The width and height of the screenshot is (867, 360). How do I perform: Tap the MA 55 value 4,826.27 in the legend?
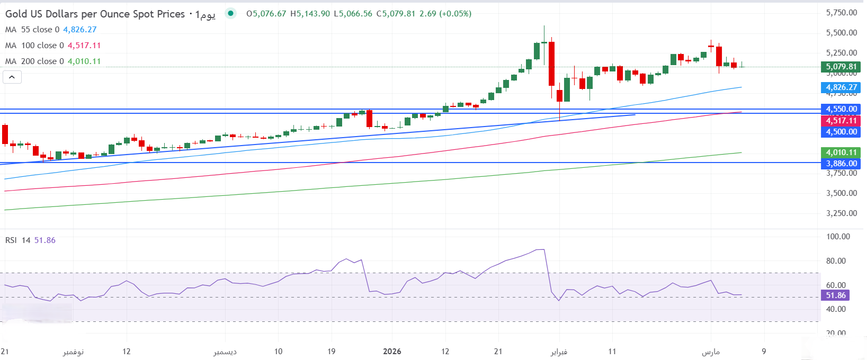click(x=80, y=30)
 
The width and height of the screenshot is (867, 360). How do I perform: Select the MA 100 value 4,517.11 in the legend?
click(x=84, y=46)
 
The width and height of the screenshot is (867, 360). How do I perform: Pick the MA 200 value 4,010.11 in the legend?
click(x=84, y=61)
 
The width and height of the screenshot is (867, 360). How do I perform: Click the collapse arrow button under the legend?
click(x=12, y=77)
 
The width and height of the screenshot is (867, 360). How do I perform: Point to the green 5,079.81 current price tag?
click(x=841, y=67)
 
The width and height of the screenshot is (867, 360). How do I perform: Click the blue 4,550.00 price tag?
click(x=841, y=109)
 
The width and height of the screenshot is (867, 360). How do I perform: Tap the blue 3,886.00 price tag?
click(x=841, y=164)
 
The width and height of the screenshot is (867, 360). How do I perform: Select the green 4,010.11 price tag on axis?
click(x=841, y=152)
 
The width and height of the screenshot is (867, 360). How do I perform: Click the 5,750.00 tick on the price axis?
click(x=842, y=13)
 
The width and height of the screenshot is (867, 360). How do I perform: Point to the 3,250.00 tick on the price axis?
click(x=842, y=213)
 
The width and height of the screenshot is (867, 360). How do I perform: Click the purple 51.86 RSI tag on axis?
click(x=836, y=295)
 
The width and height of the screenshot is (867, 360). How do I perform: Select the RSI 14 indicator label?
click(x=17, y=240)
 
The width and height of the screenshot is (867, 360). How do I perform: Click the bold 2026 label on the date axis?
click(x=392, y=352)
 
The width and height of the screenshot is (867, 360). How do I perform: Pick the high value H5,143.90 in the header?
click(x=310, y=14)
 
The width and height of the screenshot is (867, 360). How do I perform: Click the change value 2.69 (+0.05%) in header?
click(x=445, y=14)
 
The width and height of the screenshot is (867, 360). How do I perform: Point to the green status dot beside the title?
click(x=230, y=13)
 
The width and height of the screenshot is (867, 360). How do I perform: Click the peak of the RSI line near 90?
click(x=540, y=249)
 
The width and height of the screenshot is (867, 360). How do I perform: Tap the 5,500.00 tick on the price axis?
click(x=842, y=33)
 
